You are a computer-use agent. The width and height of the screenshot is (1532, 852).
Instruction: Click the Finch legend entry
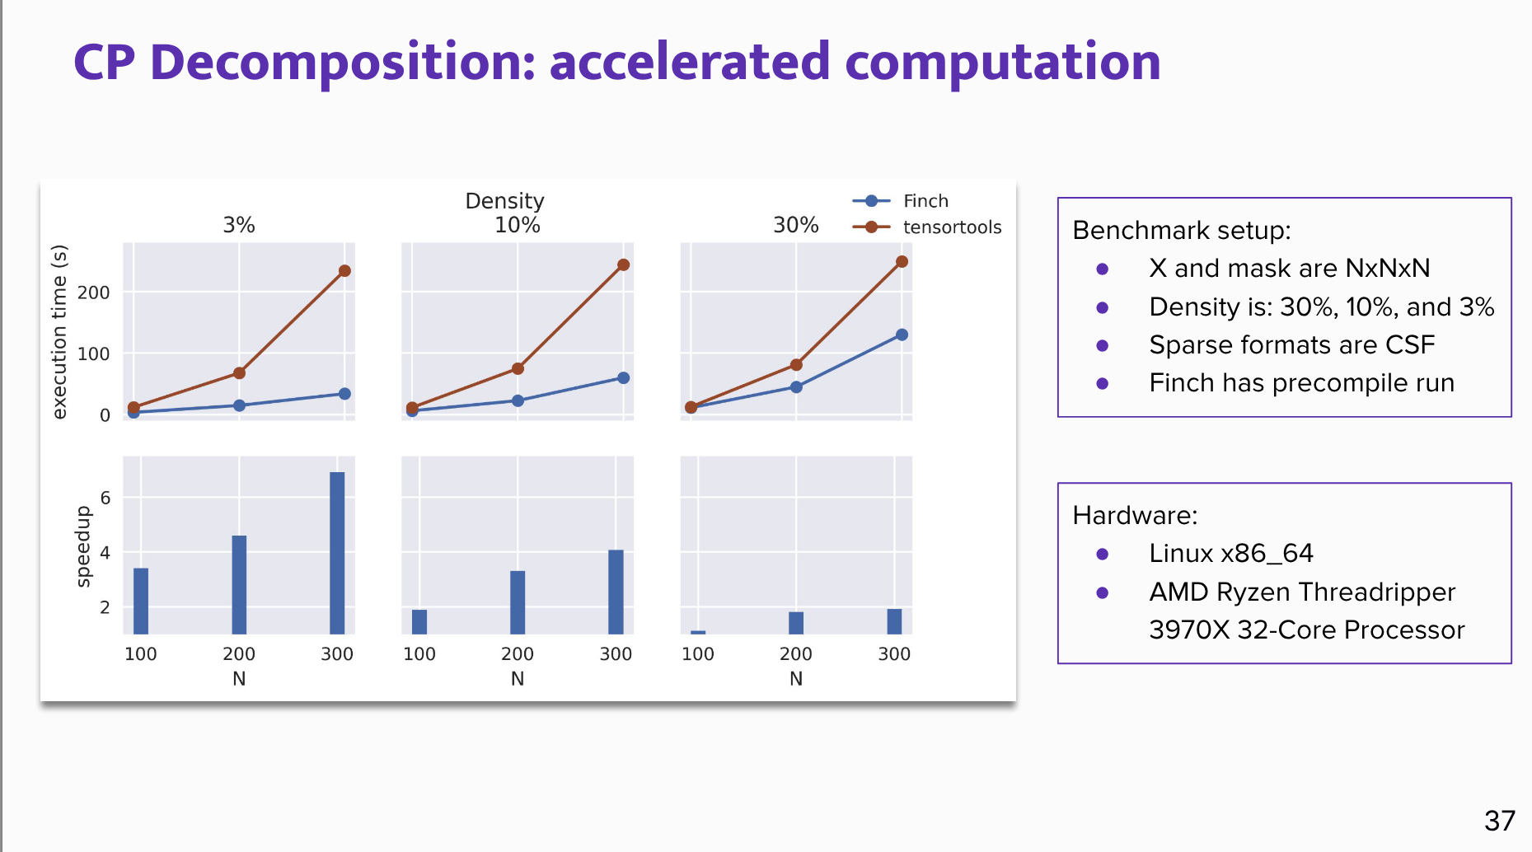click(925, 201)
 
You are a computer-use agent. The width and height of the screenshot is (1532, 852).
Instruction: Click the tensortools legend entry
click(951, 227)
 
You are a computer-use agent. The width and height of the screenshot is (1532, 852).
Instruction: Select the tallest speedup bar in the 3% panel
click(337, 552)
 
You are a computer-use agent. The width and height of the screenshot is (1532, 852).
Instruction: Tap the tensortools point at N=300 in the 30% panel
click(902, 262)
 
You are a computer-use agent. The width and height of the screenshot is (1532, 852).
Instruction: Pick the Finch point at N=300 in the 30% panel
click(902, 335)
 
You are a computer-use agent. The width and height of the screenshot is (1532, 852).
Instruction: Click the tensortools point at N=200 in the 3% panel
click(239, 373)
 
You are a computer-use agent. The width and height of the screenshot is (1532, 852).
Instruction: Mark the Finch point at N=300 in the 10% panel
click(623, 378)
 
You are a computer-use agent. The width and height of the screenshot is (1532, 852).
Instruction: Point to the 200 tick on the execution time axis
click(93, 293)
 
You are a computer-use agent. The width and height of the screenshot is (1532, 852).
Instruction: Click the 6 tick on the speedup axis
click(105, 498)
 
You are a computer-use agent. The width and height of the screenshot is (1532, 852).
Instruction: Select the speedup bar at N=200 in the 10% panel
click(518, 602)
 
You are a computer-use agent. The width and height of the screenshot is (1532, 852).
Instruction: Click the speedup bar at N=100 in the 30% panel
click(698, 632)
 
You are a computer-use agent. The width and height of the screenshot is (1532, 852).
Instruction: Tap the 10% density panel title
click(517, 225)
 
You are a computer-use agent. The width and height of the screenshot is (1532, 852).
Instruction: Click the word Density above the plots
click(504, 201)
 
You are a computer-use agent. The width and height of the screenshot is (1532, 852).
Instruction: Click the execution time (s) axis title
click(59, 332)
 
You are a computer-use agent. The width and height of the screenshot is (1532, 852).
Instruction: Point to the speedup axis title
click(82, 546)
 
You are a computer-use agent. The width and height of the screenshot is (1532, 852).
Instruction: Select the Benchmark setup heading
click(1181, 230)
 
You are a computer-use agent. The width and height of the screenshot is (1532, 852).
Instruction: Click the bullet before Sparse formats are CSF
click(1103, 345)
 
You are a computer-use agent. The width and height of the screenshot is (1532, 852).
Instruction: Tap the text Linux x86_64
click(1230, 553)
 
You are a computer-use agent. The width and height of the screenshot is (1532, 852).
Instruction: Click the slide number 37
click(1499, 821)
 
